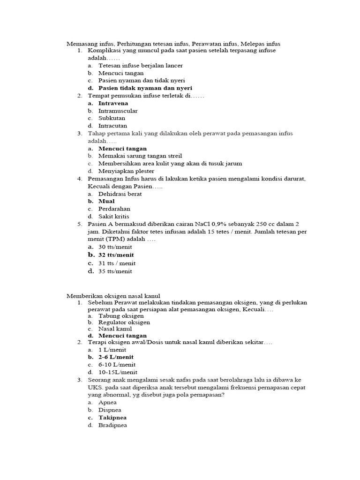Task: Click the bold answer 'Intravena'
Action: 113,103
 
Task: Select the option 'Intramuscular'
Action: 118,111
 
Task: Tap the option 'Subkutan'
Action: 112,119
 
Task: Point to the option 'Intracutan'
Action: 112,126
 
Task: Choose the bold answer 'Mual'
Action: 106,201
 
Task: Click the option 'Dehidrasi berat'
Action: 120,194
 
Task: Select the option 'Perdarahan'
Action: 114,209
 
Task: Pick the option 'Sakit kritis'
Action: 113,216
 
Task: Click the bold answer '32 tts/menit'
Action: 116,255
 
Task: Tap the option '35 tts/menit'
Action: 115,271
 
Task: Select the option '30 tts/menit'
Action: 115,247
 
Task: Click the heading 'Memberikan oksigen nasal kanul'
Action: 112,296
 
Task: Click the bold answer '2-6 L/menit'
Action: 116,357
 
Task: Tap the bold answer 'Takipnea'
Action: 112,418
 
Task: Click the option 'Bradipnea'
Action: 112,425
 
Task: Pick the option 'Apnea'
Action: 107,403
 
